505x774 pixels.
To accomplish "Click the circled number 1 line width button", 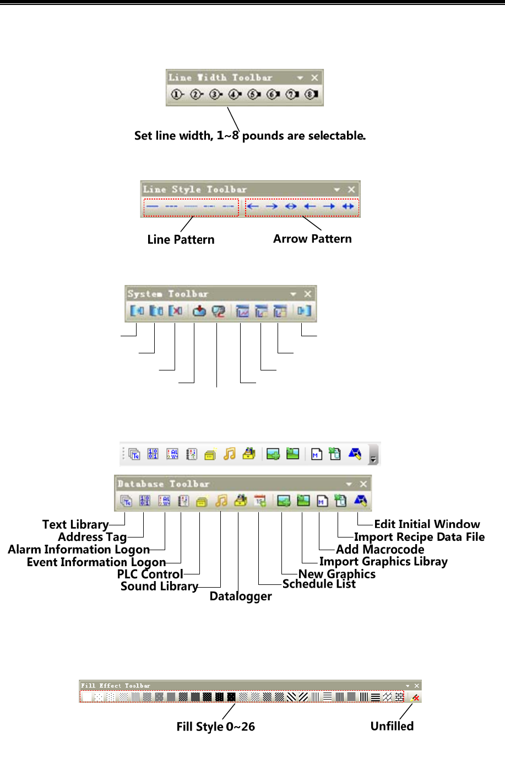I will point(177,94).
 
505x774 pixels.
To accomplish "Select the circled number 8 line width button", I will point(312,94).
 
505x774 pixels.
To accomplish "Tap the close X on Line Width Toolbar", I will point(314,78).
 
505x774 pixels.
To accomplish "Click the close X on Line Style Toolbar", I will point(351,189).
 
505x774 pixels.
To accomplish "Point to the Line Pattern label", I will point(181,240).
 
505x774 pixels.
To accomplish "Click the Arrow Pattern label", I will point(312,239).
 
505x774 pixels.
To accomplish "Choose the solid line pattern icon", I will point(153,207).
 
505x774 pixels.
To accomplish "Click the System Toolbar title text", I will point(168,294).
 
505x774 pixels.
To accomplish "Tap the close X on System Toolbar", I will point(308,294).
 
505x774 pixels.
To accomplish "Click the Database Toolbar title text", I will point(164,484).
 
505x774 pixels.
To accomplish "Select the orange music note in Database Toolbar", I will point(221,501).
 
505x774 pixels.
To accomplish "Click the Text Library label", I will point(75,524).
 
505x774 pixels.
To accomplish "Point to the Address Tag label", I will point(92,537).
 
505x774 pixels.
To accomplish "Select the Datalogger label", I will point(241,596).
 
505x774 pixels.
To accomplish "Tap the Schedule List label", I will point(319,584).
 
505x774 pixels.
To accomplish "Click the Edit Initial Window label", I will point(427,524).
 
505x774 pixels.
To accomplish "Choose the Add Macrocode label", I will point(380,550).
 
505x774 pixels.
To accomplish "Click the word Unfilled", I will point(392,726).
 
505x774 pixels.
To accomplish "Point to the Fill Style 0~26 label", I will point(215,727).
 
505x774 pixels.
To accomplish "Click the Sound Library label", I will point(159,586).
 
